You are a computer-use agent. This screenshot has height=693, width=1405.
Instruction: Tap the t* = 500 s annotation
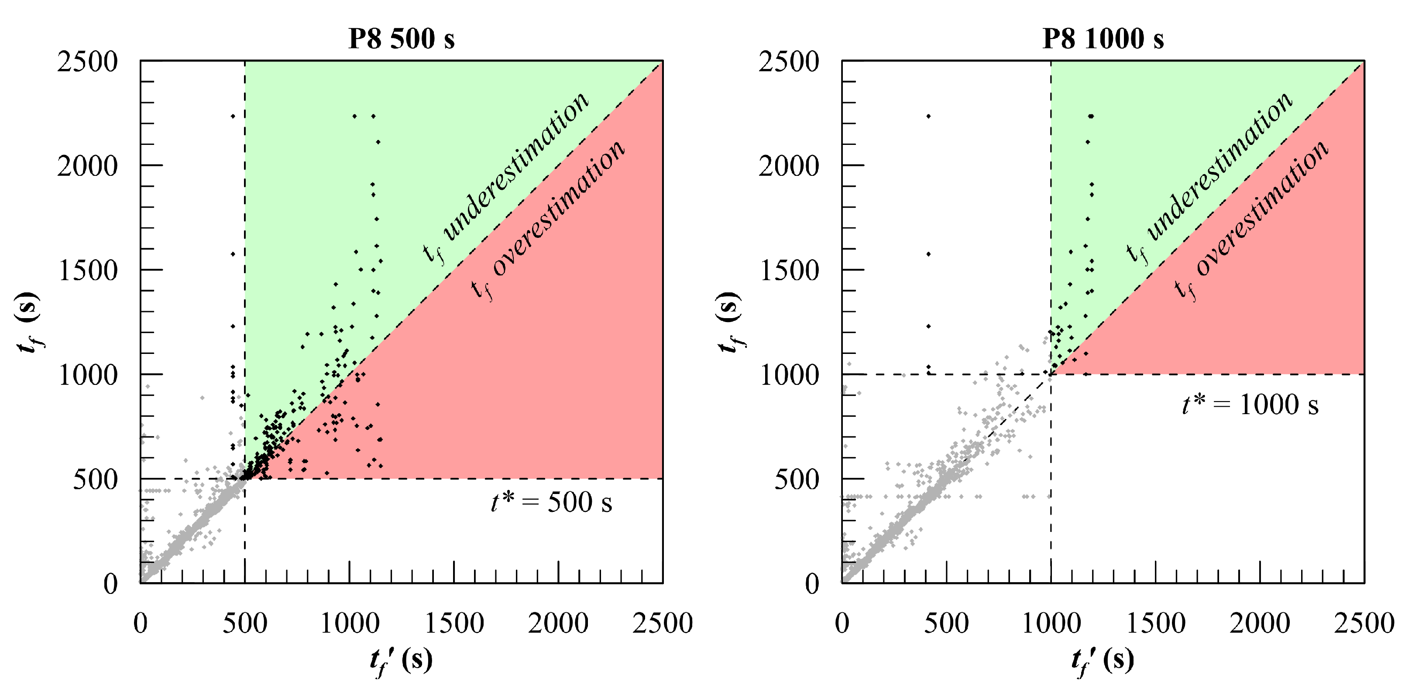tap(551, 502)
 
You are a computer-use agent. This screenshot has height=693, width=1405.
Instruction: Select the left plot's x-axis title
tap(402, 661)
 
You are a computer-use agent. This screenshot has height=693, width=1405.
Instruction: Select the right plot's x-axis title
tap(1103, 661)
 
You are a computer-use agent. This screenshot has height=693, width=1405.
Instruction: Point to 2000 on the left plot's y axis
tap(87, 166)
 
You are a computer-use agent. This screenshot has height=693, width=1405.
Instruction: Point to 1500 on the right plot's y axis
tap(789, 271)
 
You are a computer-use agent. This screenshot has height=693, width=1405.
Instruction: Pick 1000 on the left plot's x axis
tap(349, 623)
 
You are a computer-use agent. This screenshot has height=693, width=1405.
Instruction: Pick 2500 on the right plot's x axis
tap(1364, 623)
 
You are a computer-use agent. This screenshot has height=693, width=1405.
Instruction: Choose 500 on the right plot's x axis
tap(946, 623)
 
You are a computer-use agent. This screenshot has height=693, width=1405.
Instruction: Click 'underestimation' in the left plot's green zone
tap(516, 166)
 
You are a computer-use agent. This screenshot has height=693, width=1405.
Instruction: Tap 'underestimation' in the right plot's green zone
tap(1219, 166)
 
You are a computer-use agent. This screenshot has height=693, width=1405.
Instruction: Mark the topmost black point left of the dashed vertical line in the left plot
tap(232, 116)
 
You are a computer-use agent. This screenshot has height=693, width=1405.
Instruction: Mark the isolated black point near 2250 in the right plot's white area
tap(928, 116)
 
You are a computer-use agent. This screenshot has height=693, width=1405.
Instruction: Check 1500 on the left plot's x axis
tap(454, 623)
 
